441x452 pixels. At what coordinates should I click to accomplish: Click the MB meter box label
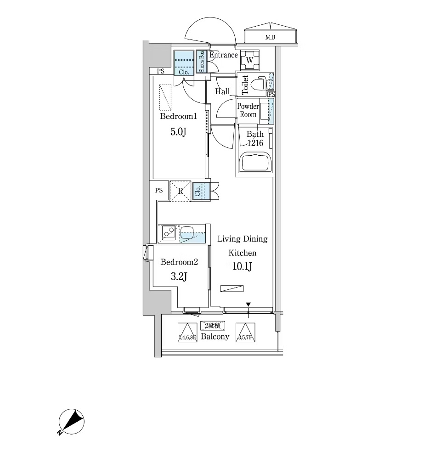(270, 37)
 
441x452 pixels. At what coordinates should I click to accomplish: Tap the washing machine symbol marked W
(249, 60)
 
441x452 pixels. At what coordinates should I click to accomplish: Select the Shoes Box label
(201, 62)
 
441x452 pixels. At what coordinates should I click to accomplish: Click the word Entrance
(224, 55)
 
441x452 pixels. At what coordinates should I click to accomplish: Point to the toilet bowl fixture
(262, 84)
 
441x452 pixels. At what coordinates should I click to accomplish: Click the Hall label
(222, 91)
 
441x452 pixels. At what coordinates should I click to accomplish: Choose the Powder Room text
(248, 110)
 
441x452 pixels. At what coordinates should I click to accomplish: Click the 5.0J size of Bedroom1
(178, 132)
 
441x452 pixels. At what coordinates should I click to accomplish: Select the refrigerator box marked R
(181, 191)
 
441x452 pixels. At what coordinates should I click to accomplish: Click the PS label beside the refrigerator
(159, 190)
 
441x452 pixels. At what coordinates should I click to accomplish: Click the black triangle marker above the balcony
(249, 304)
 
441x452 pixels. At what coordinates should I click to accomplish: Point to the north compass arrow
(73, 420)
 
